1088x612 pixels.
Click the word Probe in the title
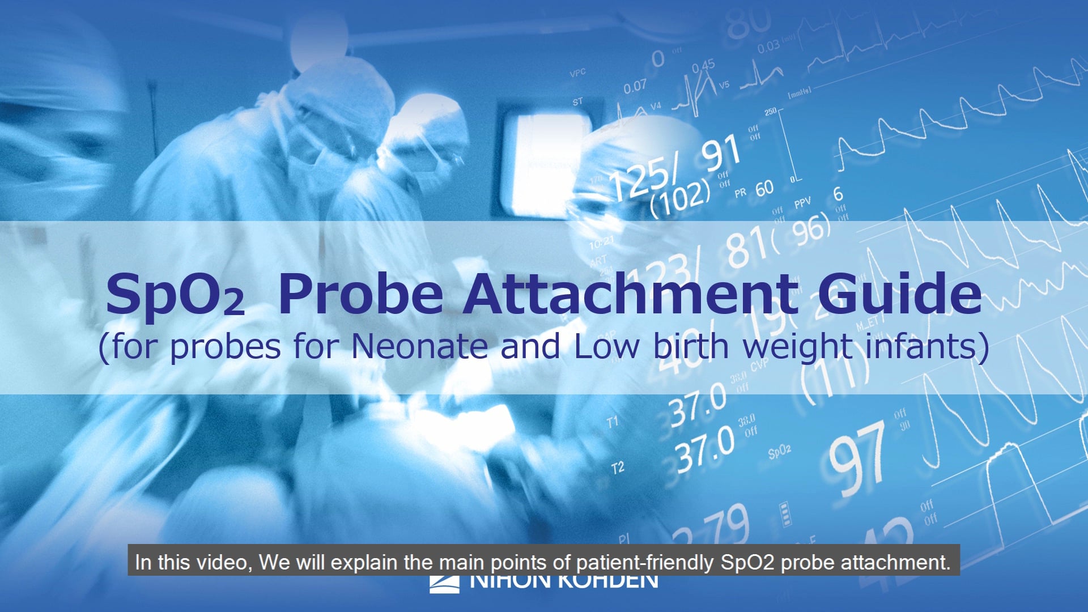click(x=361, y=294)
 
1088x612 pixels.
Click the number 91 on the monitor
click(x=721, y=153)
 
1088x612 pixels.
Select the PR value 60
click(x=764, y=188)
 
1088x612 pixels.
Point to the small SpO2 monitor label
click(x=779, y=452)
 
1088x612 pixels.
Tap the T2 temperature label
click(x=618, y=468)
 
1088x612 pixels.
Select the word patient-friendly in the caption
click(x=645, y=562)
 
